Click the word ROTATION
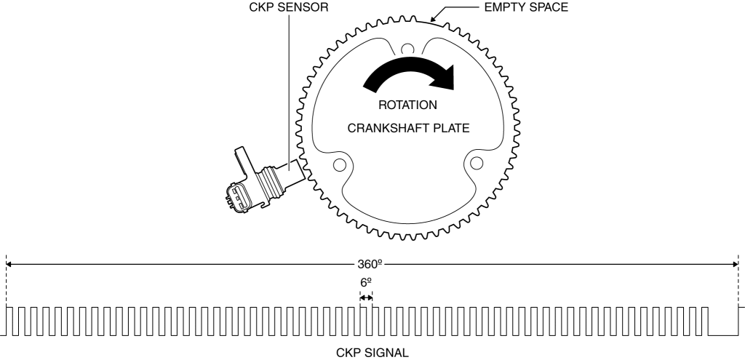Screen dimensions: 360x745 [407, 104]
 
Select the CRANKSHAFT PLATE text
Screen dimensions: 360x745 [407, 127]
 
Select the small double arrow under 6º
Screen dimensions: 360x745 [366, 297]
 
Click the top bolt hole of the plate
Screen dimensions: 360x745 [408, 49]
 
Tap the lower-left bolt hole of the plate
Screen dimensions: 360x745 [338, 163]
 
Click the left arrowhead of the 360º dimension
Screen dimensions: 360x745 [9, 265]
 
